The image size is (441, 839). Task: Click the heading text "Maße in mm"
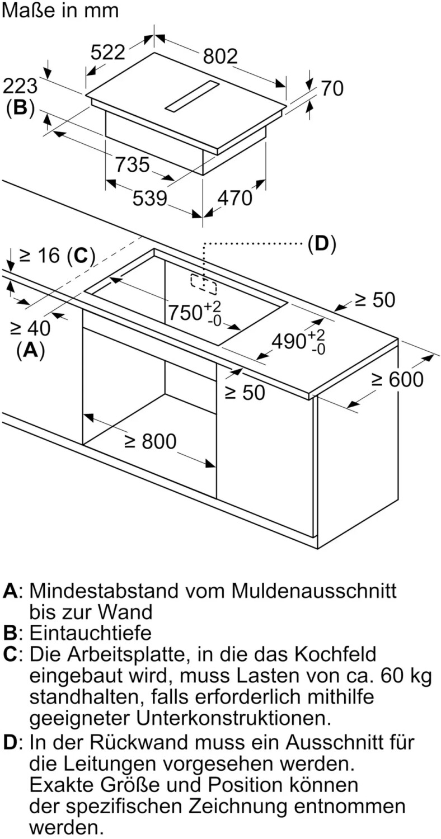click(x=60, y=10)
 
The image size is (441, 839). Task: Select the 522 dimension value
click(x=108, y=52)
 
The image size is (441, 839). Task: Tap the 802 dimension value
click(x=221, y=56)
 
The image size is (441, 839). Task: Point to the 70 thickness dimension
click(x=332, y=89)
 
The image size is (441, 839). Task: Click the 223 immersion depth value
click(x=20, y=86)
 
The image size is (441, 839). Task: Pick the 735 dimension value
click(x=132, y=165)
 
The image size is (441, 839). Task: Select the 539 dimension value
click(x=149, y=198)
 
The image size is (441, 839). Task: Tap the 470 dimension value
click(x=235, y=198)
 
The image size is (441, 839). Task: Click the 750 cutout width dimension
click(x=194, y=312)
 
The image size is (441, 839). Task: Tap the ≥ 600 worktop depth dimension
click(x=397, y=379)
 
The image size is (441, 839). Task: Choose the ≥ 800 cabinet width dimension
click(x=150, y=441)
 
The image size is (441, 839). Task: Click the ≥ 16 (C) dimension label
click(x=57, y=256)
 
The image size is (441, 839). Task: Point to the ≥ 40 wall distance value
click(x=30, y=328)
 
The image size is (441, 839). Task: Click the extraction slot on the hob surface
click(x=191, y=96)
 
